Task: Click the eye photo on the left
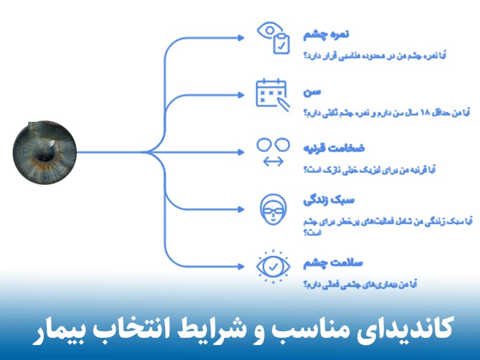(x=46, y=152)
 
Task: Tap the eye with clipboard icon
(x=273, y=37)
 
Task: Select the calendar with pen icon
(x=273, y=95)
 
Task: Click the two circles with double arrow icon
(x=273, y=151)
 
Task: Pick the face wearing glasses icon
(x=273, y=208)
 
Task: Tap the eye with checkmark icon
(x=273, y=265)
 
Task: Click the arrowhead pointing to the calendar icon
(x=241, y=95)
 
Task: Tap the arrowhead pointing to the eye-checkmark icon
(x=241, y=265)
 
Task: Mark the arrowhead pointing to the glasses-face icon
(x=241, y=208)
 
